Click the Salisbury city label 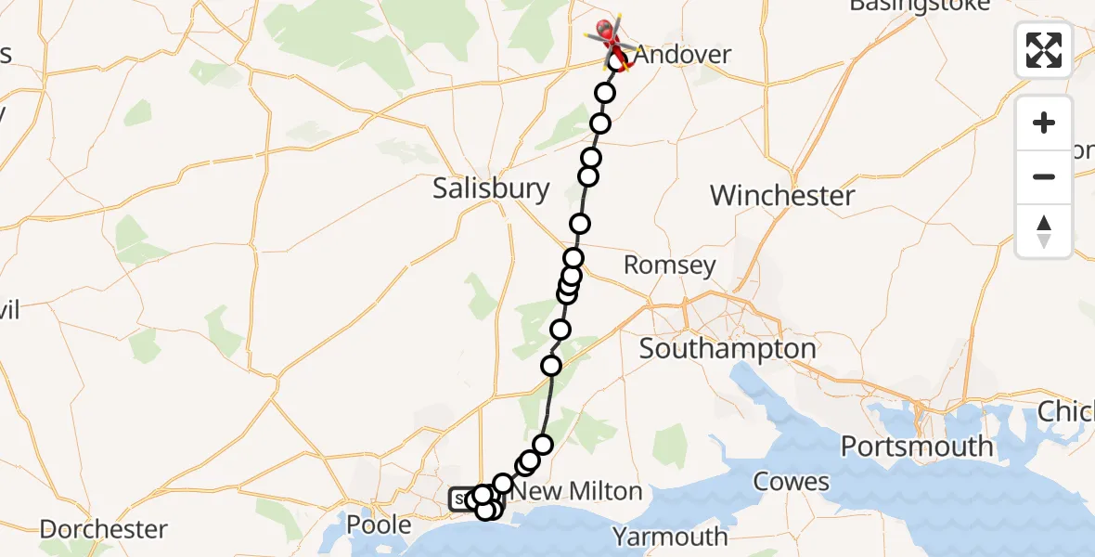click(x=491, y=189)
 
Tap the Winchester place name click(x=781, y=196)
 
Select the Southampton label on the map click(x=728, y=349)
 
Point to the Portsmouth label click(x=917, y=447)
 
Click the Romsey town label click(x=669, y=266)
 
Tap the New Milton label click(x=577, y=491)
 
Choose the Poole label click(x=379, y=525)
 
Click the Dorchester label click(x=103, y=530)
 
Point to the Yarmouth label click(x=671, y=537)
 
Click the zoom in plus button click(x=1044, y=123)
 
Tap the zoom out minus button click(x=1044, y=176)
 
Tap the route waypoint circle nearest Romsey click(x=573, y=259)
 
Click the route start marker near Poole click(x=460, y=500)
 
